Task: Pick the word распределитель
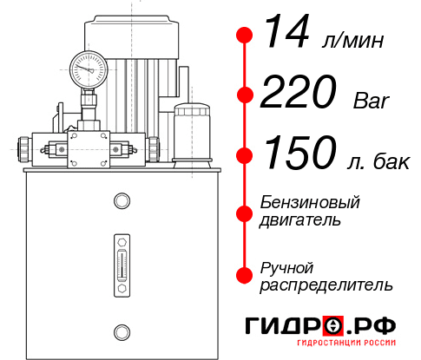(326, 285)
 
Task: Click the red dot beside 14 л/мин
(245, 35)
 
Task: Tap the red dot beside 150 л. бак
(245, 156)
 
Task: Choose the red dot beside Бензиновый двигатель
(245, 213)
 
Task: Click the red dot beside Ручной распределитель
(245, 275)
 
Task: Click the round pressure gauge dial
(89, 67)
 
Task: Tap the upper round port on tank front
(121, 201)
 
